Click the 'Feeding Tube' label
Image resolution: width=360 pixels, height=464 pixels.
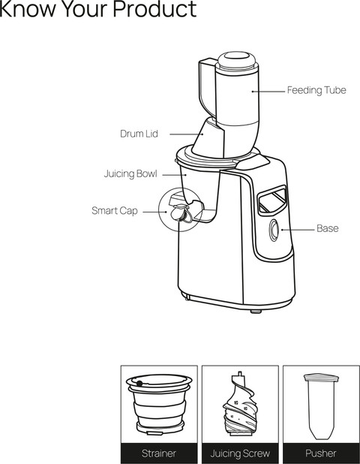[316, 90]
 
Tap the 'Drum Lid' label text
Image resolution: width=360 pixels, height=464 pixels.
[139, 134]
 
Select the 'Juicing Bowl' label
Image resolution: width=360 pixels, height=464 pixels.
[130, 173]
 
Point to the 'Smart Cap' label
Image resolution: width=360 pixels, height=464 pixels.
[115, 211]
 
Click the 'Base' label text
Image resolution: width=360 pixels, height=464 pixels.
[328, 228]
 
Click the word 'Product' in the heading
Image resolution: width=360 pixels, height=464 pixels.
[155, 9]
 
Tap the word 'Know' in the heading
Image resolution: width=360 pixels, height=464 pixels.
[28, 9]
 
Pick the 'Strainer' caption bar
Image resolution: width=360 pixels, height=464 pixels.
[159, 453]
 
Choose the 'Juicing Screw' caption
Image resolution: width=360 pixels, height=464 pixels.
[240, 453]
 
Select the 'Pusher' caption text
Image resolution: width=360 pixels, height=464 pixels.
[321, 453]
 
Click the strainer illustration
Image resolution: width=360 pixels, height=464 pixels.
[159, 404]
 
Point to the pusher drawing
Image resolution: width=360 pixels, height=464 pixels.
[321, 406]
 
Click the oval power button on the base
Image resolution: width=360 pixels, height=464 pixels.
[274, 230]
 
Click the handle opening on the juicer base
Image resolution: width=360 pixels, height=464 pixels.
[272, 200]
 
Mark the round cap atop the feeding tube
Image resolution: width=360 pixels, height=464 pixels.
[236, 60]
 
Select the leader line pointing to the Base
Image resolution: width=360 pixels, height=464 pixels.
[298, 230]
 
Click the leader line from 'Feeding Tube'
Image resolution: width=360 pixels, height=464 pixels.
[268, 92]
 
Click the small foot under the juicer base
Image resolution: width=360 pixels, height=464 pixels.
[256, 312]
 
